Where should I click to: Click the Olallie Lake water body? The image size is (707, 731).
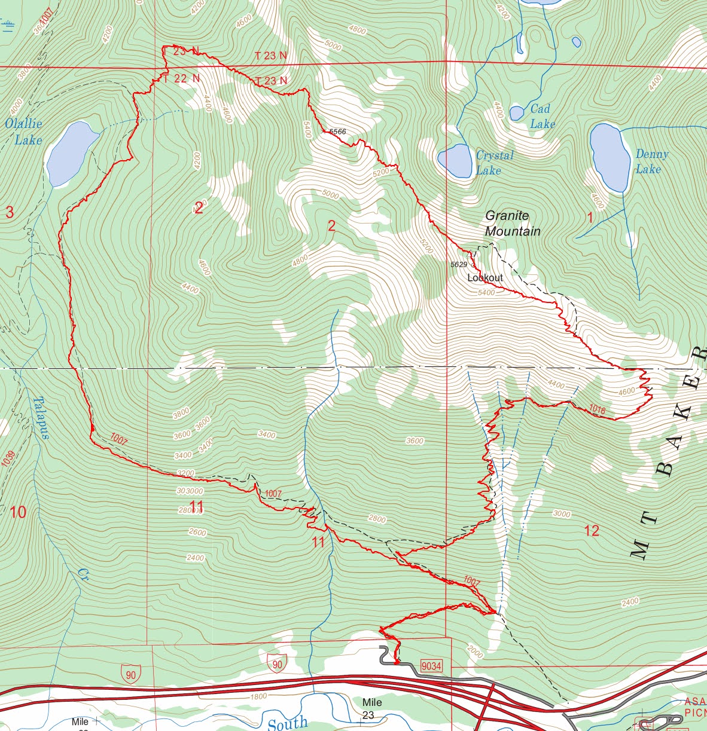(71, 153)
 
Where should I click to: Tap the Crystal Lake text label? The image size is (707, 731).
(494, 163)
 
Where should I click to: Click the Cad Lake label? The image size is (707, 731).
(541, 116)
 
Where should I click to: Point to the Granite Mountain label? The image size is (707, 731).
(513, 224)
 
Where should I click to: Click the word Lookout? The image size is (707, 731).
(485, 278)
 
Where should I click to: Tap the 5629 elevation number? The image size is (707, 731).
(459, 264)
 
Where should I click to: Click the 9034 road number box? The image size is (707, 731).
(431, 665)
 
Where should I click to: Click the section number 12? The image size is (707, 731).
(591, 530)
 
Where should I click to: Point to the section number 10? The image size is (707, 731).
(18, 512)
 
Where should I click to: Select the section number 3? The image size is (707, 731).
(10, 212)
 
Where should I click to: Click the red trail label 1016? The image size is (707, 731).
(597, 410)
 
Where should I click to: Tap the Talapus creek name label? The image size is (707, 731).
(39, 418)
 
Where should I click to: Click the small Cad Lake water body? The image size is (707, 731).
(517, 113)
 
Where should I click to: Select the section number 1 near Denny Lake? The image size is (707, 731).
(590, 216)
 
